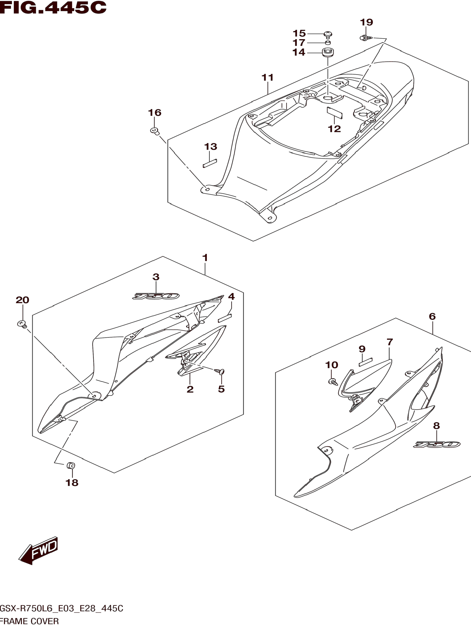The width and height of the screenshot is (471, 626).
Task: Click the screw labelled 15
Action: point(328,35)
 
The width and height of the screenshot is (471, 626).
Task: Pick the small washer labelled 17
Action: point(328,43)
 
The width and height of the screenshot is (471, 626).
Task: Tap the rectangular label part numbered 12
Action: point(335,112)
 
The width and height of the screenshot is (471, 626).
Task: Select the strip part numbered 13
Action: point(210,163)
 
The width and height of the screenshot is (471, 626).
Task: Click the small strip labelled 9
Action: point(365,362)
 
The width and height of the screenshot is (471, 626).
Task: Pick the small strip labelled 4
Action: point(225,318)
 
